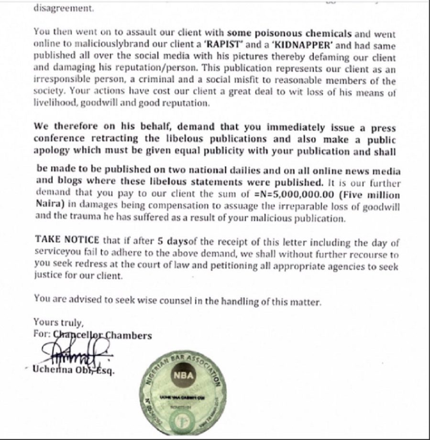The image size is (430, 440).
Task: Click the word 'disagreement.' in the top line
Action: pyautogui.click(x=56, y=8)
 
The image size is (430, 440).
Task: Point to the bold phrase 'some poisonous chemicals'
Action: pyautogui.click(x=289, y=33)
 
